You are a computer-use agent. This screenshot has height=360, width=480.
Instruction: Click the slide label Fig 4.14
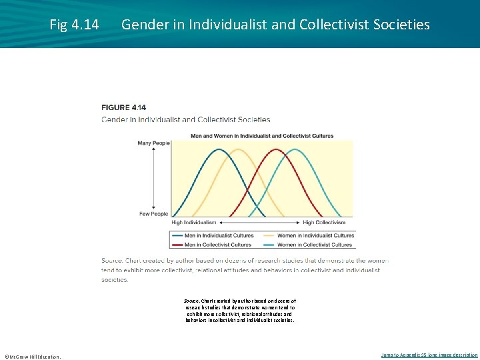click(x=74, y=25)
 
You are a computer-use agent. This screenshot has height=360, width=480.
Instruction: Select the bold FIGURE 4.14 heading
click(x=123, y=107)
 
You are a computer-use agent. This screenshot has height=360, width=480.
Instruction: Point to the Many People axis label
click(x=153, y=143)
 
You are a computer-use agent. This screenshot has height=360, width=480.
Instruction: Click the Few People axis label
click(x=153, y=214)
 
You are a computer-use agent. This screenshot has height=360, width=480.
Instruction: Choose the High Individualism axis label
click(x=194, y=222)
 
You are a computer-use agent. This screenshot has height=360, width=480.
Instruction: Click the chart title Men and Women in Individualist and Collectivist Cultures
click(x=261, y=136)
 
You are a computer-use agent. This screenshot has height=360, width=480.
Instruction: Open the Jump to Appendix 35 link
click(x=429, y=355)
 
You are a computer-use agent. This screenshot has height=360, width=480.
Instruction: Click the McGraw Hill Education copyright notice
click(x=32, y=356)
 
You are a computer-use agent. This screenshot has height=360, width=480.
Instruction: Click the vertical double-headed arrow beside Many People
click(x=154, y=178)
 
